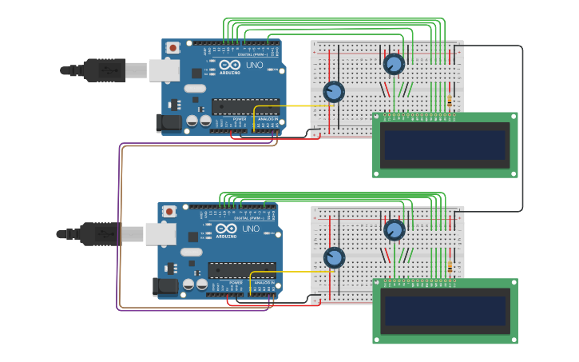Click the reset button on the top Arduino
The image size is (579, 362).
pos(173,48)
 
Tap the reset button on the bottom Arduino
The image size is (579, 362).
pos(169,212)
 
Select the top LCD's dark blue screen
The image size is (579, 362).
pos(444,145)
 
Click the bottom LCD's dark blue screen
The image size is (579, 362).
pos(444,311)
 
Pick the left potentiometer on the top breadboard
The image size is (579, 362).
pos(334,92)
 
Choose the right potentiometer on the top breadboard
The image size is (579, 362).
pos(394,64)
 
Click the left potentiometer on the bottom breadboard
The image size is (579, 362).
pos(334,258)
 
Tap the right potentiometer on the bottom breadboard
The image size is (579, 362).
pos(394,230)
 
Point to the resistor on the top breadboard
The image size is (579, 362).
pos(450,101)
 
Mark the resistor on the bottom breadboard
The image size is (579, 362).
pos(450,267)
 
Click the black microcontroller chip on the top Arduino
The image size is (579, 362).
pos(245,106)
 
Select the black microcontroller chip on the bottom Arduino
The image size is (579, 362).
pos(241,270)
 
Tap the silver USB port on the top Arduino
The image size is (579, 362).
pos(164,70)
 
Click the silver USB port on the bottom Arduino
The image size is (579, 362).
pos(160,234)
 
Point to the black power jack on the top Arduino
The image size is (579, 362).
pos(170,122)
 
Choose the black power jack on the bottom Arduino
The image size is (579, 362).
pos(165,286)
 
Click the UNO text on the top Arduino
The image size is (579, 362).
pos(254,65)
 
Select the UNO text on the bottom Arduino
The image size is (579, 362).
pos(250,229)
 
